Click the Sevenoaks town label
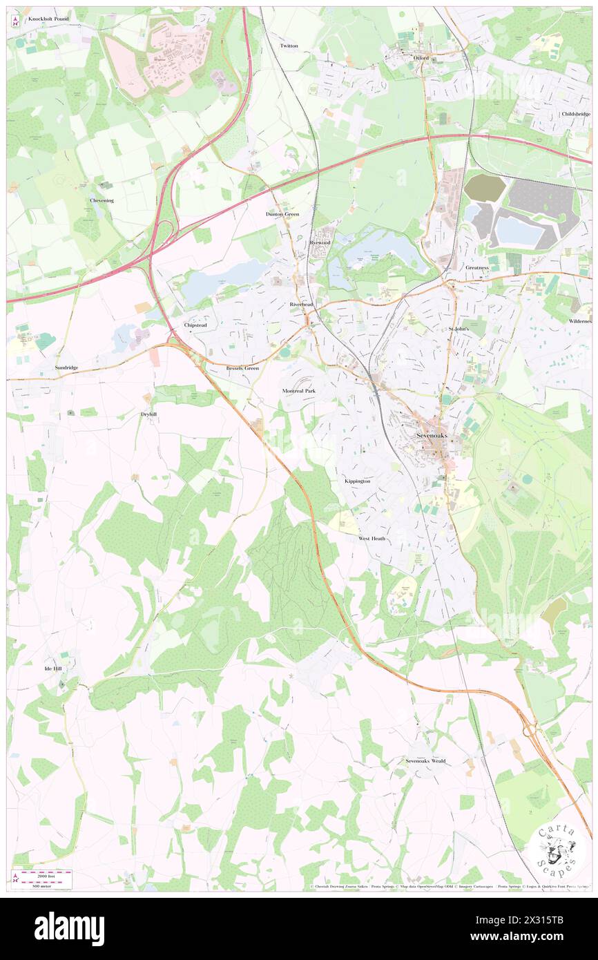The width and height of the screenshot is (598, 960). coord(432,436)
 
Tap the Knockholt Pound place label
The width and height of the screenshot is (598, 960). coord(48,19)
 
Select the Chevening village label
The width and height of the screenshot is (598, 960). coord(102,200)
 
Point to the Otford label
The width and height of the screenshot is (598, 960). coord(421,58)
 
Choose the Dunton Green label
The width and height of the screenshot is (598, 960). coord(282,214)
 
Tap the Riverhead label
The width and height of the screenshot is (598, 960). coord(302,305)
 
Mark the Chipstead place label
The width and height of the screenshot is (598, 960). coord(195,325)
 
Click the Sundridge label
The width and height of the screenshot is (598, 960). coord(67,368)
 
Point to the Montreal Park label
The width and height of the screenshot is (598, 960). coord(299,391)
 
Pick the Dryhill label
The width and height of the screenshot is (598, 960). coord(149,414)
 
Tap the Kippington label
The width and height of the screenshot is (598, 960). coord(358,481)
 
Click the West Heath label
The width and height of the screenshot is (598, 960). coord(372,538)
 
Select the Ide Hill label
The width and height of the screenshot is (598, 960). coord(53,669)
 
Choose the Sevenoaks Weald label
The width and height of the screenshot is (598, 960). coord(425,761)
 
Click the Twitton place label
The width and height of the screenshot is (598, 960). coord(289,46)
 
